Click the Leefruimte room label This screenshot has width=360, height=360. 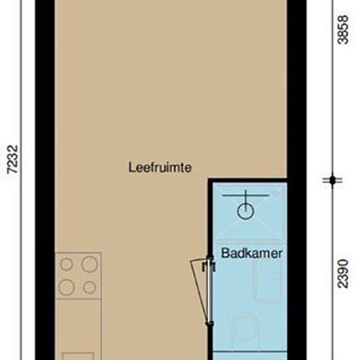pyautogui.click(x=160, y=168)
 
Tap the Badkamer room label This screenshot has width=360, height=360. pyautogui.click(x=251, y=253)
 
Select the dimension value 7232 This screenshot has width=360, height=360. pyautogui.click(x=12, y=159)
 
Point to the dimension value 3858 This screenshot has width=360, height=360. pyautogui.click(x=343, y=29)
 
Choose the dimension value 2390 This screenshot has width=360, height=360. pyautogui.click(x=343, y=274)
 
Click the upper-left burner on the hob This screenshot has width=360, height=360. pyautogui.click(x=66, y=264)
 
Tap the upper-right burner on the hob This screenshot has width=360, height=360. pyautogui.click(x=90, y=264)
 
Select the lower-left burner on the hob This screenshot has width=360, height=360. pyautogui.click(x=66, y=287)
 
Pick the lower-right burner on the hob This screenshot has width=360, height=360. pyautogui.click(x=90, y=287)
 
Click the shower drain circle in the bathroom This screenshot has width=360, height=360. pyautogui.click(x=245, y=211)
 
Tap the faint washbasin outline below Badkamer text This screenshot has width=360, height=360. pyautogui.click(x=267, y=281)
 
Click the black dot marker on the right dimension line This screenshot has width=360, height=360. pyautogui.click(x=333, y=180)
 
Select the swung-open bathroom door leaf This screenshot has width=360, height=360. pyautogui.click(x=200, y=292)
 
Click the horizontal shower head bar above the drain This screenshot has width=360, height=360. pyautogui.click(x=245, y=196)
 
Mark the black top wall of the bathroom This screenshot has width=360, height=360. pyautogui.click(x=247, y=180)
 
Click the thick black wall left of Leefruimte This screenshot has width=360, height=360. pyautogui.click(x=45, y=180)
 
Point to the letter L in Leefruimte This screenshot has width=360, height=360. pyautogui.click(x=132, y=167)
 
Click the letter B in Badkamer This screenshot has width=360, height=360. pyautogui.click(x=225, y=253)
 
